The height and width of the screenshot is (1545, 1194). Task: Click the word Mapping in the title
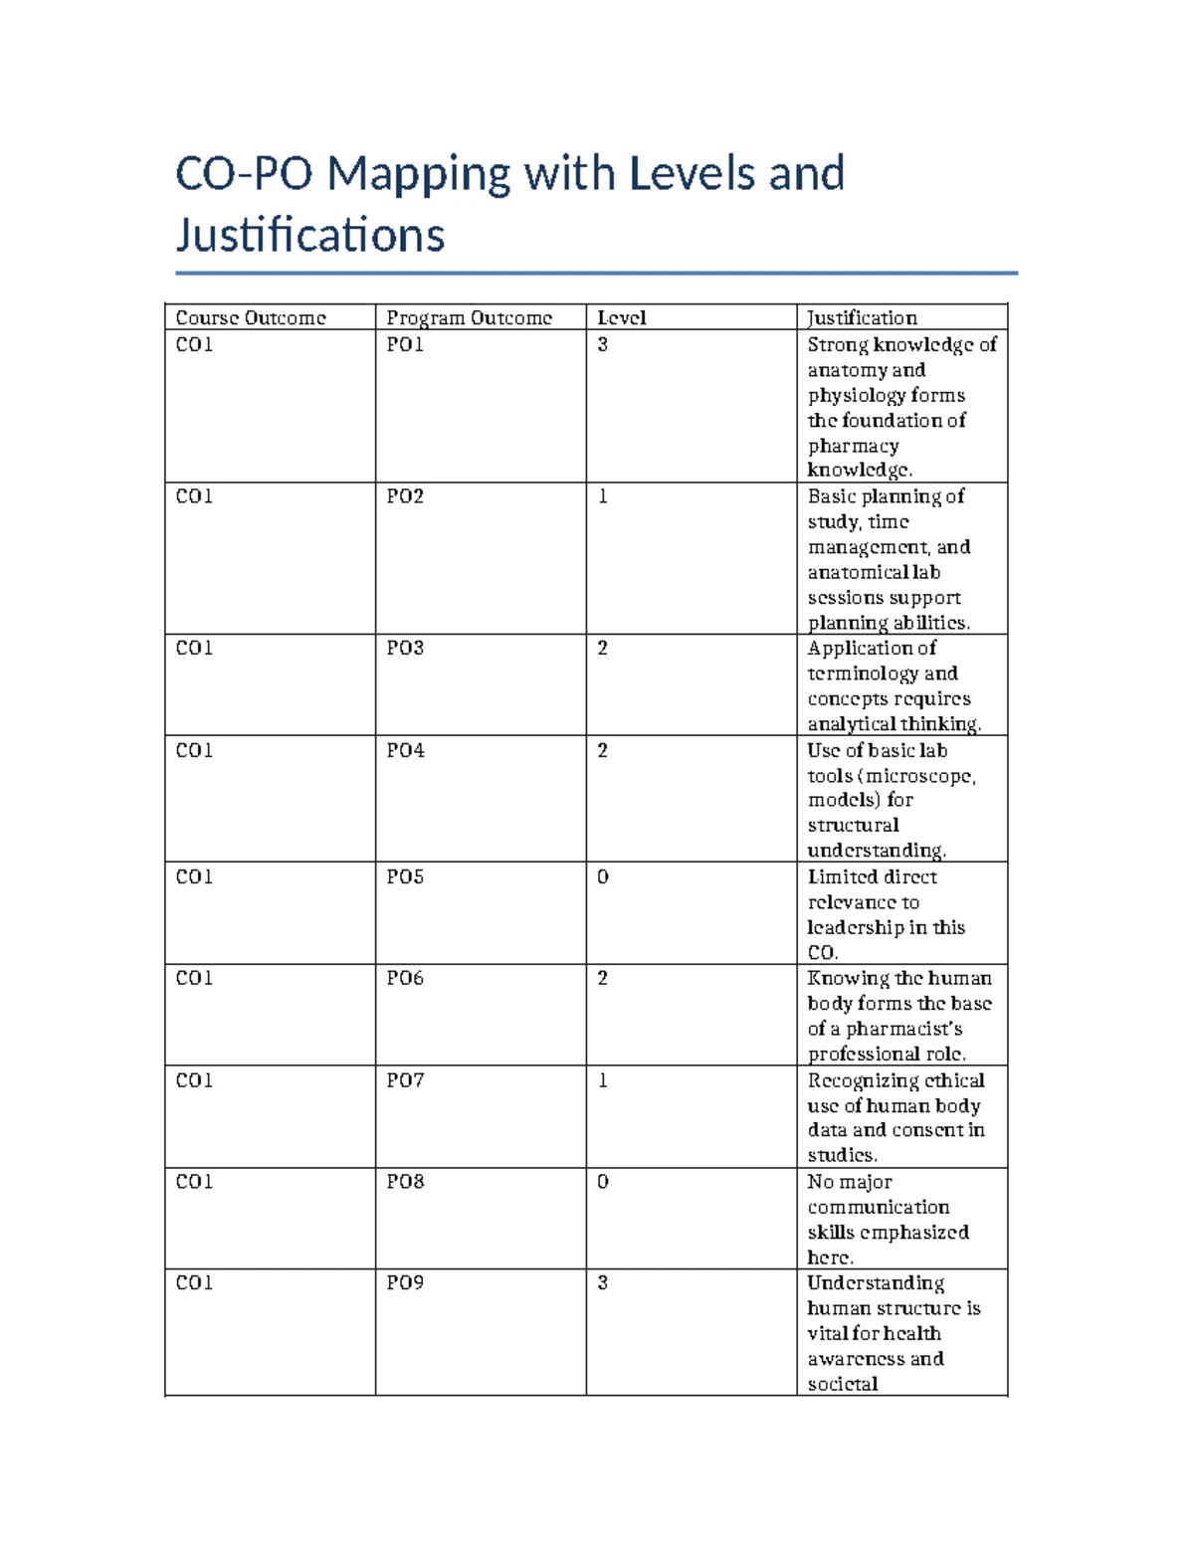click(419, 175)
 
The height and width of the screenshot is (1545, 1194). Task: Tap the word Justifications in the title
click(310, 236)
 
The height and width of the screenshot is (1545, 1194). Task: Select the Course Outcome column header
click(251, 317)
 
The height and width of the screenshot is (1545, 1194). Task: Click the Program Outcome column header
click(469, 317)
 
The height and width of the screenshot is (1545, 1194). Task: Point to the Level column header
click(621, 317)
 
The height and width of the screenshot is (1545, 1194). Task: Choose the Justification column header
click(862, 317)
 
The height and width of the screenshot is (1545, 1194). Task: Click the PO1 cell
click(405, 344)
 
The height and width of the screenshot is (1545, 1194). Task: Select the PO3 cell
click(405, 648)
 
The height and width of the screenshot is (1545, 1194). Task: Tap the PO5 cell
click(405, 876)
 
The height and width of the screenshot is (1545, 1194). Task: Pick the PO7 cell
click(405, 1079)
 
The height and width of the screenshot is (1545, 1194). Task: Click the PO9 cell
click(405, 1282)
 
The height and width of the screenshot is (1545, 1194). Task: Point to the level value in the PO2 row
click(602, 495)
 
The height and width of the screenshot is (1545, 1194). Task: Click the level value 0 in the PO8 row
click(602, 1181)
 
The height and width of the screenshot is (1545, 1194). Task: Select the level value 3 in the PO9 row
click(602, 1282)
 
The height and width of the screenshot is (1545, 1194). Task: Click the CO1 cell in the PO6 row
click(194, 978)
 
